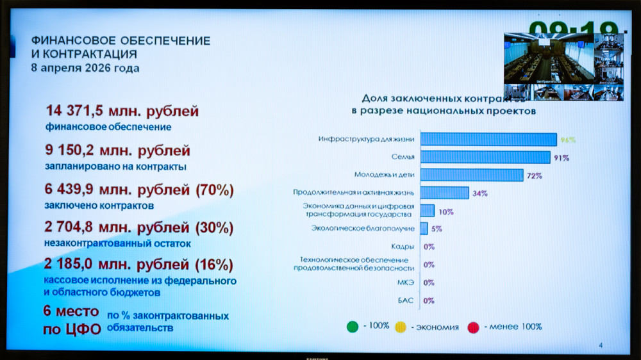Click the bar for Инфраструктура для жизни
click(488, 140)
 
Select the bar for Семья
click(485, 158)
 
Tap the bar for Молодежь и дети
click(471, 175)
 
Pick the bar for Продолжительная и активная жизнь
click(444, 193)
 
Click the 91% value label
click(562, 158)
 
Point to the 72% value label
click(535, 176)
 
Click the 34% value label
click(480, 193)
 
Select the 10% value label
click(446, 211)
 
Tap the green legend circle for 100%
click(353, 327)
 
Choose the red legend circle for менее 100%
click(474, 327)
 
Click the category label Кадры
click(403, 247)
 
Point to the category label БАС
click(406, 300)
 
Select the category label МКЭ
click(405, 282)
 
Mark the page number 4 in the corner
click(601, 346)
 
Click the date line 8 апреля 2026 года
click(85, 68)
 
